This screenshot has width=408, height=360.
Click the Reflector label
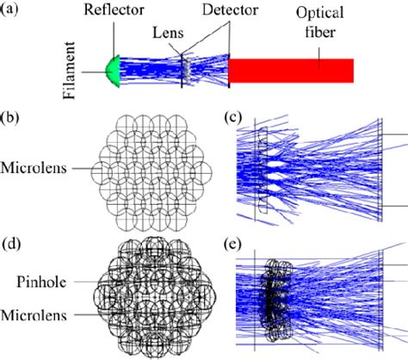coord(119,11)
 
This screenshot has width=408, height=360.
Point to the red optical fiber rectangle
coord(290,71)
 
